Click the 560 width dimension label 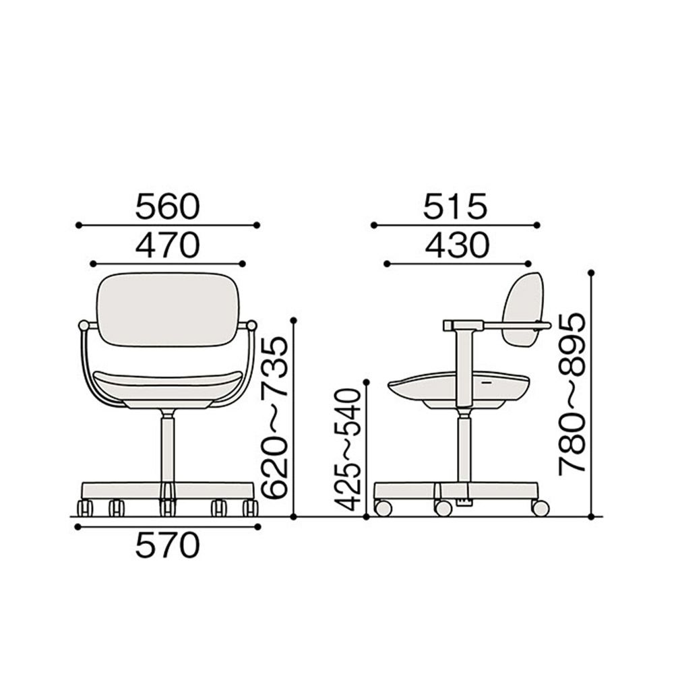click(168, 206)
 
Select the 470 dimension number click(168, 245)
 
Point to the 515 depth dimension click(455, 206)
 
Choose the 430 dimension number click(458, 245)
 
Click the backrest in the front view click(168, 309)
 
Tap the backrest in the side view click(524, 309)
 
